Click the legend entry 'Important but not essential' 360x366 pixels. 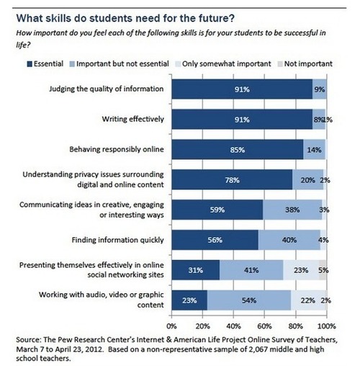[x=124, y=63]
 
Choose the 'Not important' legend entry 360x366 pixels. [x=310, y=63]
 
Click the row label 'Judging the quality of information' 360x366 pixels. [x=106, y=89]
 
